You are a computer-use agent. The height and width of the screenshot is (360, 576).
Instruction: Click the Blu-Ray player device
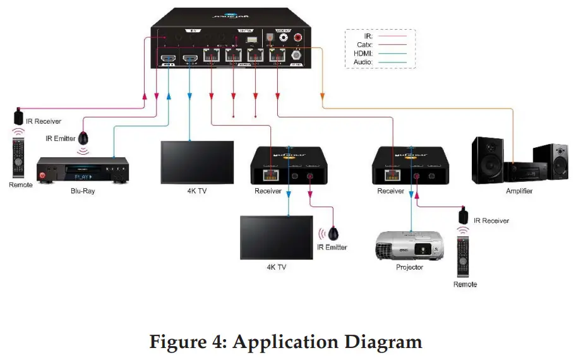click(x=82, y=171)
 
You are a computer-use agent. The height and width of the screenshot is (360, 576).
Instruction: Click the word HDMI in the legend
click(x=364, y=54)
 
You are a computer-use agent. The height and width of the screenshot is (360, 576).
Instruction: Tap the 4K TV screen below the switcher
click(x=190, y=162)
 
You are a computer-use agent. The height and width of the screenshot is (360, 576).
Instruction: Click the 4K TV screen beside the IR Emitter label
click(x=276, y=237)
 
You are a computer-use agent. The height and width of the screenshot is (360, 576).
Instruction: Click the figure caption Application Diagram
click(x=285, y=342)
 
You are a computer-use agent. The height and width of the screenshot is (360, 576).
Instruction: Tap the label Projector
click(x=410, y=267)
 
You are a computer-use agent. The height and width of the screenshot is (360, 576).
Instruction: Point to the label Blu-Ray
click(x=82, y=191)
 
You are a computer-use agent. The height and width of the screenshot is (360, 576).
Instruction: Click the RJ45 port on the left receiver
click(x=272, y=175)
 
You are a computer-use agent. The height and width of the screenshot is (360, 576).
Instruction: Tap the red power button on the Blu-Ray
click(x=43, y=174)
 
